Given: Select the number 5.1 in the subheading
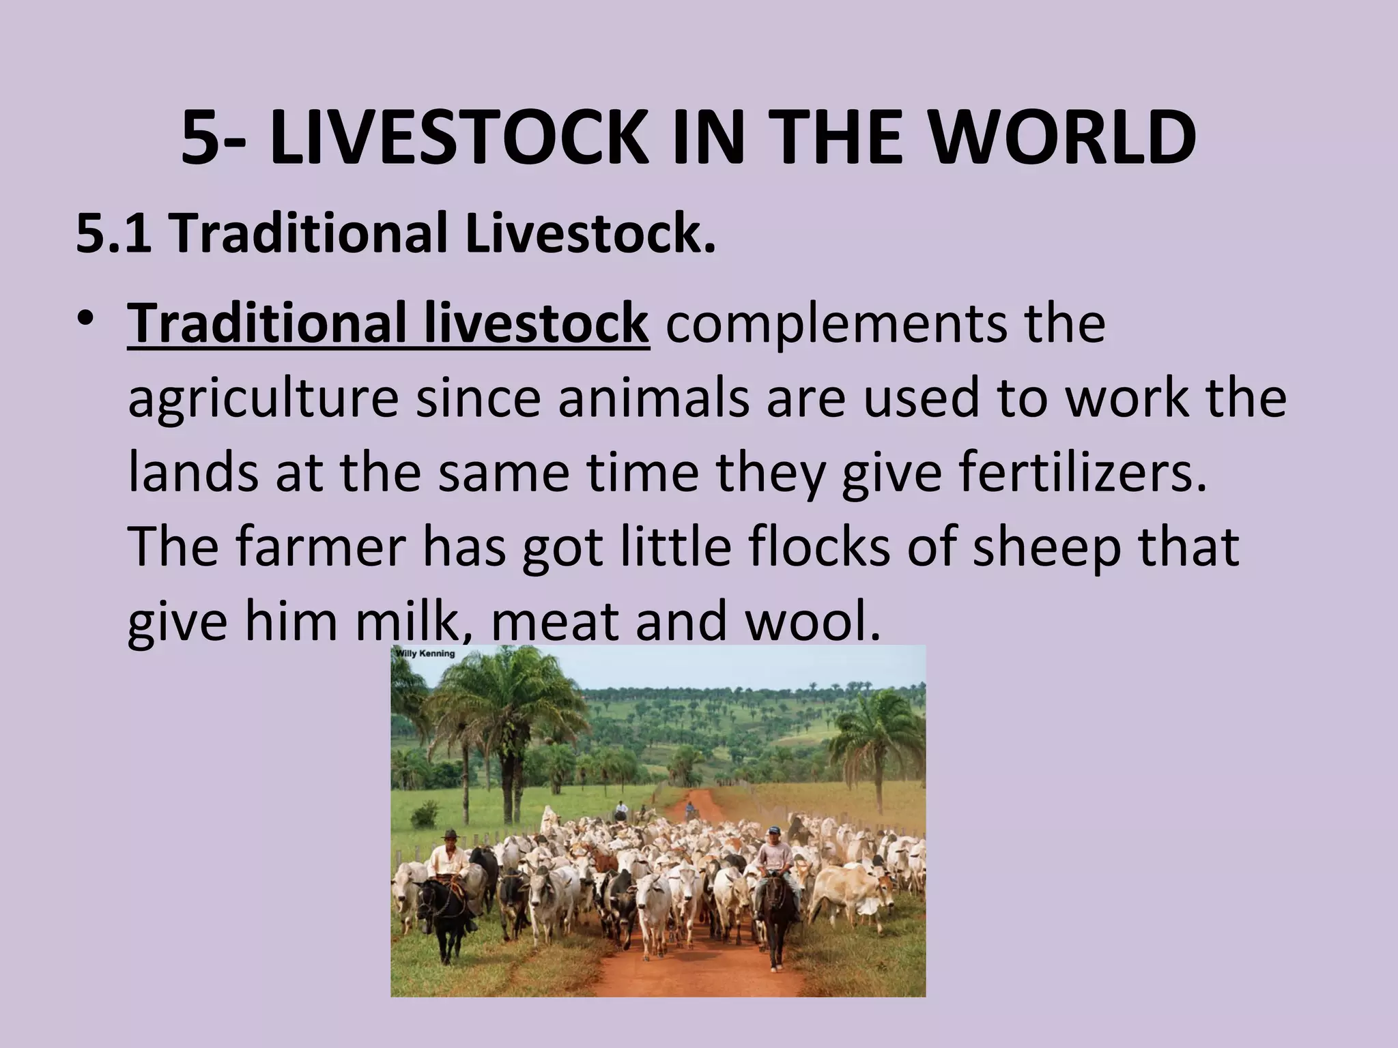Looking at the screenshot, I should point(113,233).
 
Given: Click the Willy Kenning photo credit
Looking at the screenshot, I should point(424,654).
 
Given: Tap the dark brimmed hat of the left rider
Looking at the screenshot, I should point(448,834).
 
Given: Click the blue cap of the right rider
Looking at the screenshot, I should point(772,830).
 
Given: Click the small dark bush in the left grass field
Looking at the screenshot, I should point(425,813).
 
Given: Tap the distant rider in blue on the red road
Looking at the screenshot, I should point(690,810).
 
